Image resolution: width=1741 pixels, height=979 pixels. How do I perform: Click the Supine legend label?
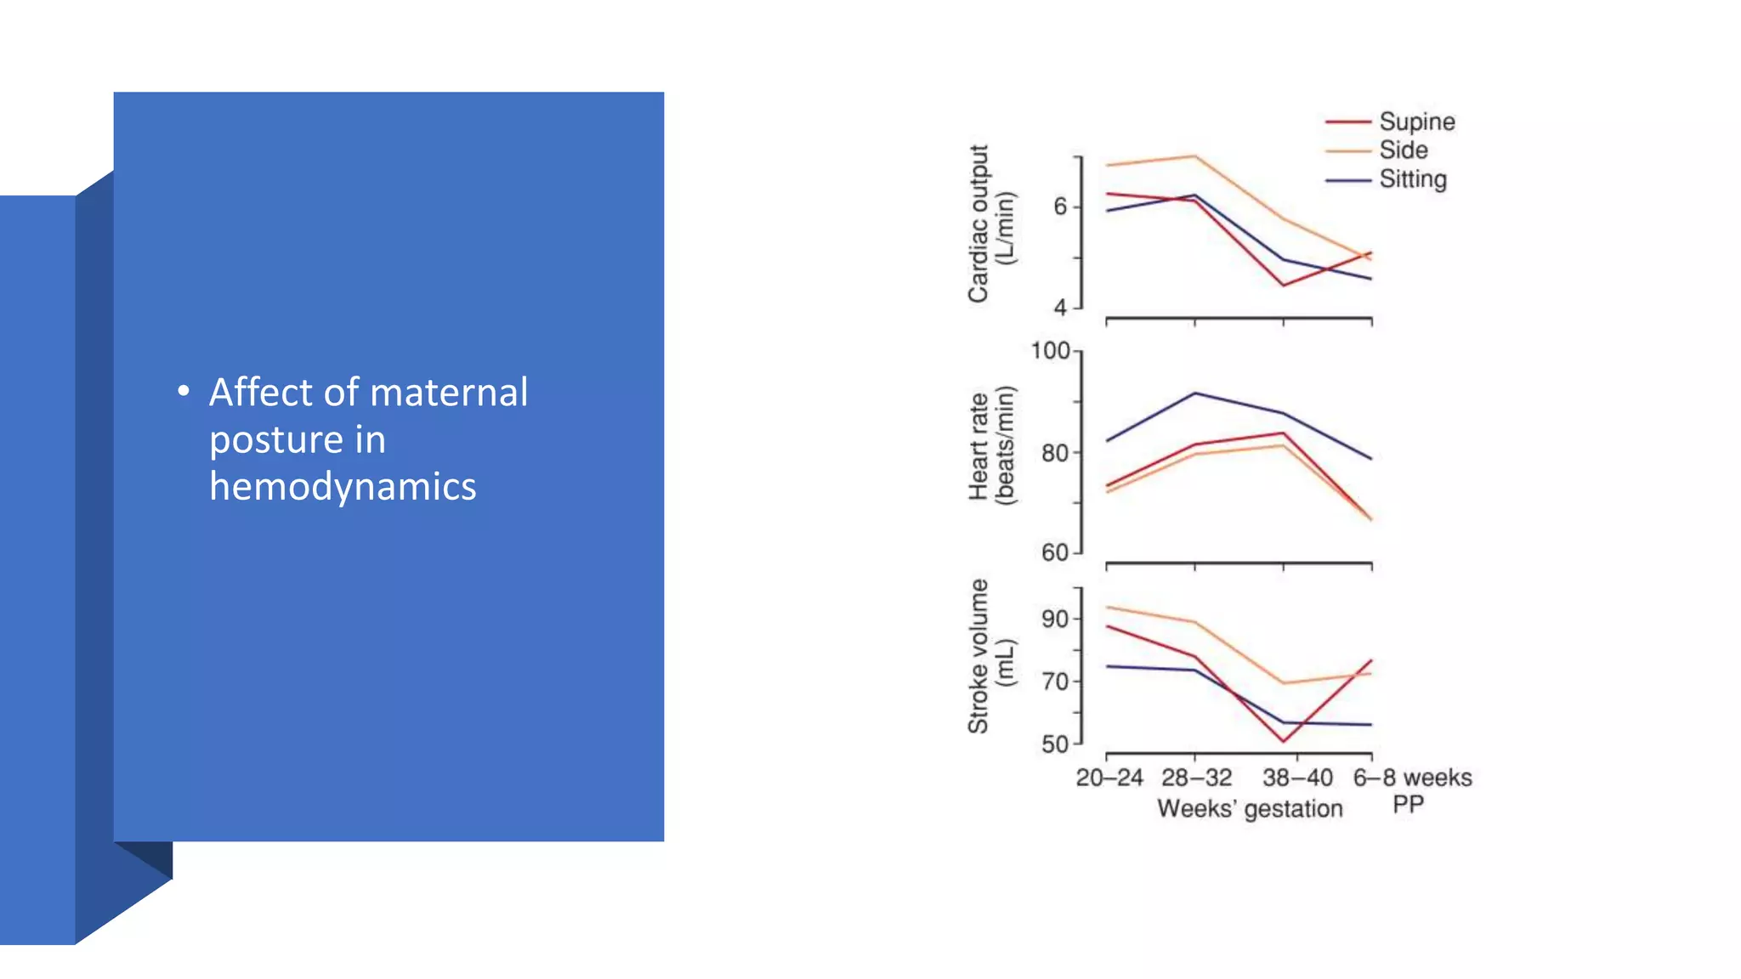[x=1416, y=122]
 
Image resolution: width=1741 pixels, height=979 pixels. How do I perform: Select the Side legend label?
[x=1403, y=150]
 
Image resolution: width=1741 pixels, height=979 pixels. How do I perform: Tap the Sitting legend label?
[x=1412, y=179]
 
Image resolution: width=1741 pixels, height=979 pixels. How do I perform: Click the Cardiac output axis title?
[x=990, y=224]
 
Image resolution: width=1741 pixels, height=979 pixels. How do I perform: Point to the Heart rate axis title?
[x=990, y=446]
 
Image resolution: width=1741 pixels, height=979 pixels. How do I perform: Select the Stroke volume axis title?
[x=990, y=656]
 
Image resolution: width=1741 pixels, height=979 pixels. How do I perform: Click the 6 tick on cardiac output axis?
[x=1059, y=207]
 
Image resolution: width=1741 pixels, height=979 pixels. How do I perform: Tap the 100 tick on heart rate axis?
[x=1050, y=351]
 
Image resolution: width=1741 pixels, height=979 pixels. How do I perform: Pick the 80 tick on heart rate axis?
[x=1054, y=453]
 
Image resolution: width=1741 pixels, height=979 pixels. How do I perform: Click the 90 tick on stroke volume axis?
[x=1054, y=619]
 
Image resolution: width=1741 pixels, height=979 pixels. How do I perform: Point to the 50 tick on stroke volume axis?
[x=1054, y=744]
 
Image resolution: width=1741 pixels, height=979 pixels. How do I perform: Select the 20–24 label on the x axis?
[x=1109, y=778]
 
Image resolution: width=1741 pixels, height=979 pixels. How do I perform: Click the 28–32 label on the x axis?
[x=1196, y=778]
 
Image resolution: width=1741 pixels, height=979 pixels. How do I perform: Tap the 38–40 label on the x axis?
[x=1297, y=778]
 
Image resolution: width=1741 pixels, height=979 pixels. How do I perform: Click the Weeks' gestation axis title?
[x=1250, y=808]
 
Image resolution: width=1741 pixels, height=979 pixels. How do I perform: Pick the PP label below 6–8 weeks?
[x=1408, y=805]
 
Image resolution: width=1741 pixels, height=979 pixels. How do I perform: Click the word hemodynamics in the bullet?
[x=343, y=487]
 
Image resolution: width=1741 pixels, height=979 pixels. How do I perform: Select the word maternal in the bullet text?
[x=449, y=393]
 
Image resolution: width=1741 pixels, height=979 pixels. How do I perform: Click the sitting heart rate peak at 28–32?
[x=1195, y=393]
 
